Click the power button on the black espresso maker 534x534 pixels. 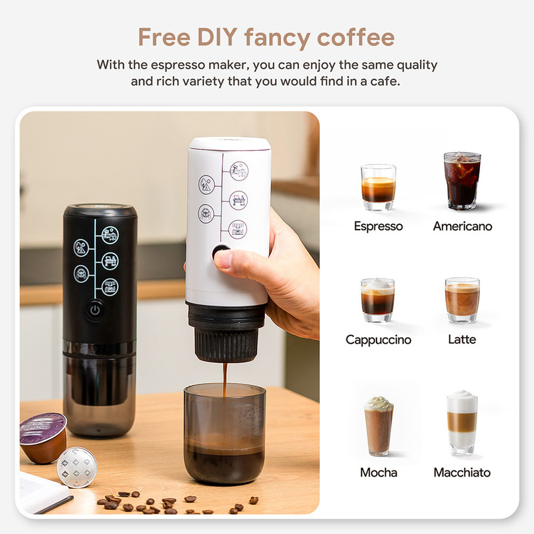point(95,310)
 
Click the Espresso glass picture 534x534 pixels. point(378,188)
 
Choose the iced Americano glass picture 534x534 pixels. point(462,180)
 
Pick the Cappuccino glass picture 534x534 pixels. point(378,301)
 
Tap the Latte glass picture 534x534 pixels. point(462,300)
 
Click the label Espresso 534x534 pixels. point(378,226)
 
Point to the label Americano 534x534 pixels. point(462,226)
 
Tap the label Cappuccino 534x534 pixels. point(378,340)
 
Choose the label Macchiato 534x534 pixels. point(462,473)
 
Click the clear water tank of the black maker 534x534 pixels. point(99,394)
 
